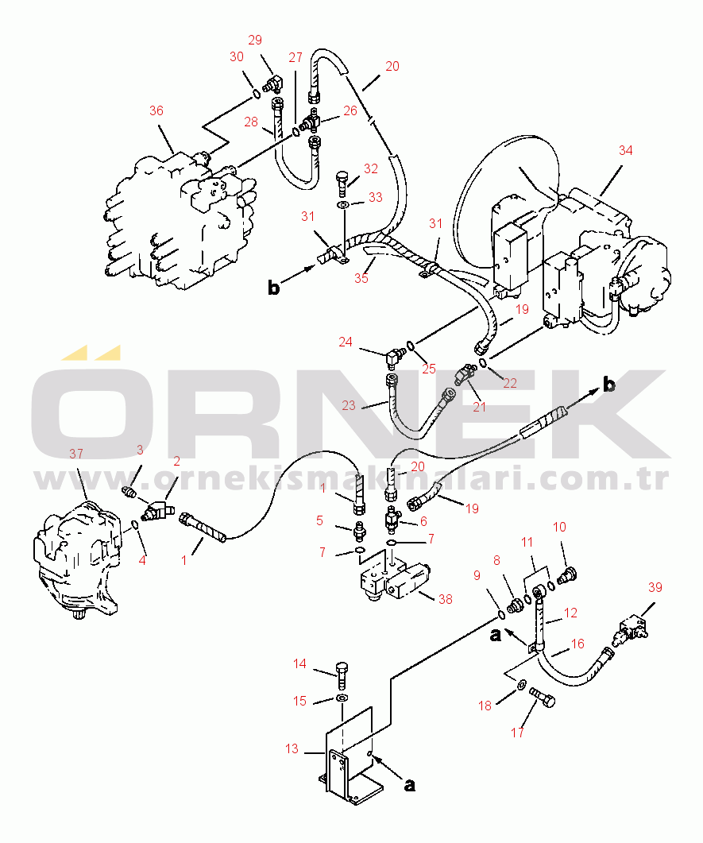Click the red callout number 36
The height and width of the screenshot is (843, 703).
[156, 110]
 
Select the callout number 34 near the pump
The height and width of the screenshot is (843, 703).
[626, 150]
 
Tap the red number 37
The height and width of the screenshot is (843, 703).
[76, 454]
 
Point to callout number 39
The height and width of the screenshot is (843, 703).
[655, 588]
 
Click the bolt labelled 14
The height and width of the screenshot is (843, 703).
[342, 677]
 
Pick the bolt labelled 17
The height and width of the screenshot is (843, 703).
[543, 697]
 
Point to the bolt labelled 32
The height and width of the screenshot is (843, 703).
[342, 184]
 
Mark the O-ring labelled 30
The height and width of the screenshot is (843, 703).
[257, 95]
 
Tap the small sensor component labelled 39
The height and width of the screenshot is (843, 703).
[632, 629]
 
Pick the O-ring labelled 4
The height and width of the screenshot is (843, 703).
[135, 524]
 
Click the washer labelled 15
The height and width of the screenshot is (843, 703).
[342, 698]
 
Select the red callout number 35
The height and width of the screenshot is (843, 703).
[361, 279]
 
